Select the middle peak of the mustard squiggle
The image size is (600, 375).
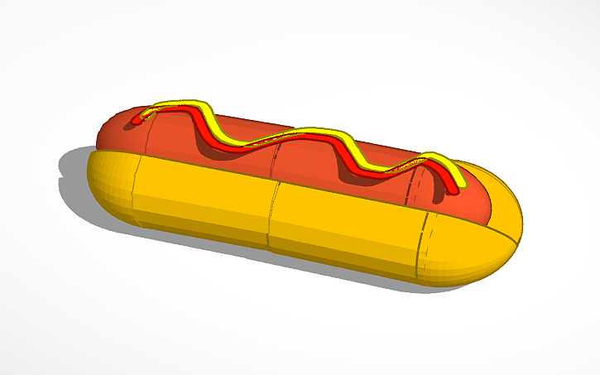[x=319, y=131]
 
